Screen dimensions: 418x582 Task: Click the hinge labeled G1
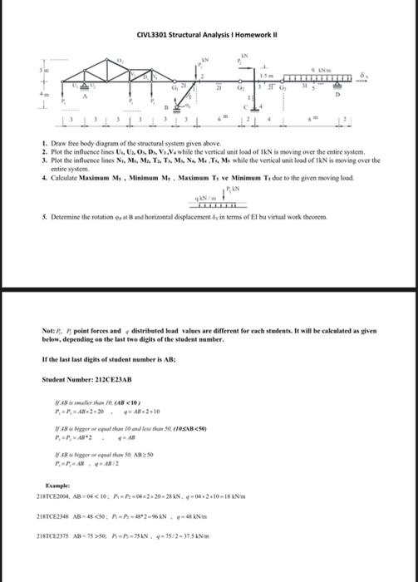175,86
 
